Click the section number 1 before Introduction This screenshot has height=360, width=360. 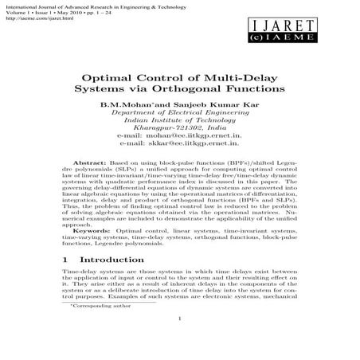(x=65, y=260)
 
